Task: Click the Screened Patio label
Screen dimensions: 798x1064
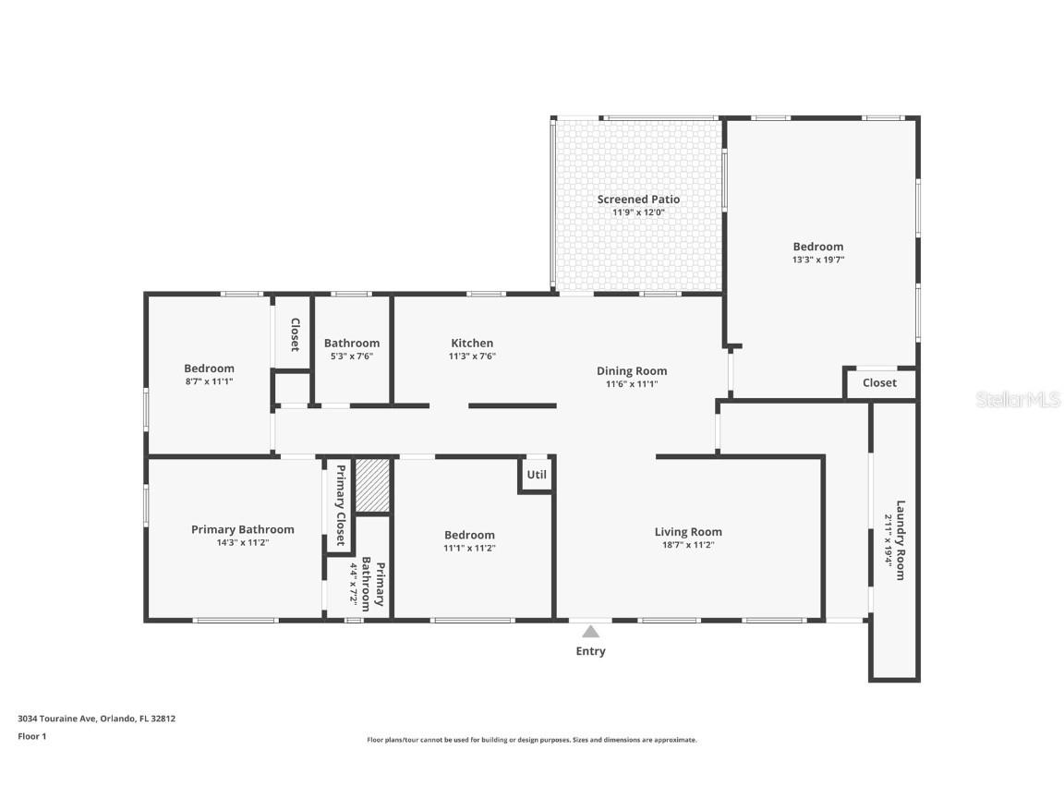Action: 638,199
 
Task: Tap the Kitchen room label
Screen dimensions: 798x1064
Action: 471,343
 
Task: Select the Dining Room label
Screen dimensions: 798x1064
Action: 632,370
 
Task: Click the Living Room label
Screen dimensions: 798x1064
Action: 688,531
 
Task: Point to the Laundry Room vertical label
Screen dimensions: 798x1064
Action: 900,540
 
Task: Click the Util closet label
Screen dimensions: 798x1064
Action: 537,475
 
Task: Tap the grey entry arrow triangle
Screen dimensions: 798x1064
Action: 591,632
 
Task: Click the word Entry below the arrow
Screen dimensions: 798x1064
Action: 591,651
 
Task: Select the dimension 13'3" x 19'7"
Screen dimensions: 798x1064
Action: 818,260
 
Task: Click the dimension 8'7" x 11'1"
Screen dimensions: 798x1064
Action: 209,381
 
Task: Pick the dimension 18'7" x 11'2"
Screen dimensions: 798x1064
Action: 688,545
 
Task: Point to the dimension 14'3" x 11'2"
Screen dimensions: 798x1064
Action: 243,543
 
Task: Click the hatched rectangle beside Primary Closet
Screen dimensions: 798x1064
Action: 373,485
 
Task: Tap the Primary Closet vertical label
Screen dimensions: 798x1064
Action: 340,505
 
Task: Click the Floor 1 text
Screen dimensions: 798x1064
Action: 31,736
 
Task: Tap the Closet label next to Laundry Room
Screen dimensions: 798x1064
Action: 879,382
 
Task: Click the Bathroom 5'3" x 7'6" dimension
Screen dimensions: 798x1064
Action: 351,356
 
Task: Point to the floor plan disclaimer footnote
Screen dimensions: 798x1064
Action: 532,740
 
